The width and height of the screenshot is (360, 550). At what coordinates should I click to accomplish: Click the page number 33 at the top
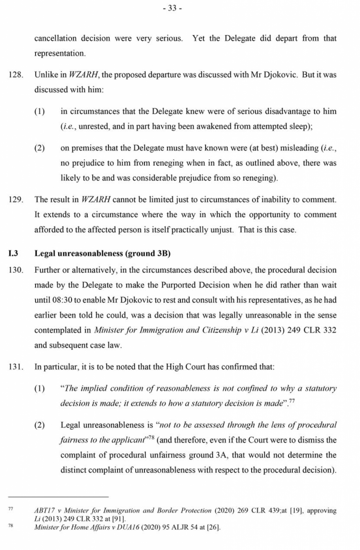tap(172, 9)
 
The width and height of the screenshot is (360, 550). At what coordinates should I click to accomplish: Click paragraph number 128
tap(16, 75)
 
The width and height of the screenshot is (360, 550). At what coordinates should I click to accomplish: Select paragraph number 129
tap(16, 199)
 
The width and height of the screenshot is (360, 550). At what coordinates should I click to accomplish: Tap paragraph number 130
tap(16, 270)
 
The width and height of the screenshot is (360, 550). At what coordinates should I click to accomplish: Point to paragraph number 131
tap(16, 367)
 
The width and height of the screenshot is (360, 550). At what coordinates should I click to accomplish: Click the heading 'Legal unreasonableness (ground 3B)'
tap(102, 253)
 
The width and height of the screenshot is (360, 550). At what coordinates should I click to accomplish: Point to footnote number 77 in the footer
tap(11, 509)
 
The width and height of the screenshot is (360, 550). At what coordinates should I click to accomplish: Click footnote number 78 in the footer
tap(11, 525)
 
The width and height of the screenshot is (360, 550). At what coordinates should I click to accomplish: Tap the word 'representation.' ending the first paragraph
tap(60, 54)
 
